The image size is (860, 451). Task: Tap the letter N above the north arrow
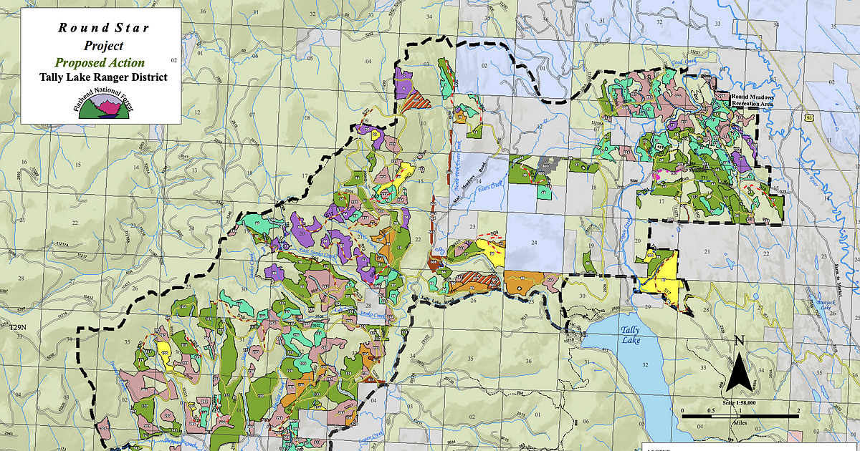tap(740, 341)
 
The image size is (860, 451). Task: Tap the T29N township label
tap(17, 327)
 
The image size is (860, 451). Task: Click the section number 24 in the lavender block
tap(534, 243)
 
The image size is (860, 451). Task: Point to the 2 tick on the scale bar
tap(798, 412)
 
